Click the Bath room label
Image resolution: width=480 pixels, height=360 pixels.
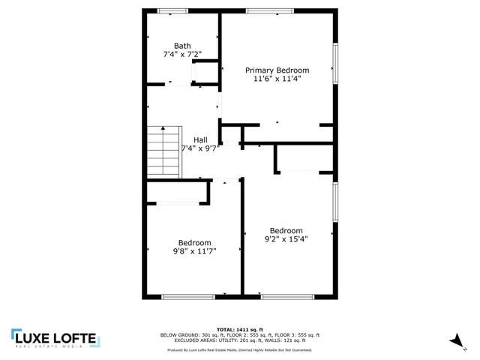(x=182, y=46)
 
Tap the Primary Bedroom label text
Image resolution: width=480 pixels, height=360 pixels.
(x=277, y=70)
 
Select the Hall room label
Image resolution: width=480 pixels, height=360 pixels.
(x=200, y=139)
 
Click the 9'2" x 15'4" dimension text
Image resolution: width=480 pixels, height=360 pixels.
(x=286, y=239)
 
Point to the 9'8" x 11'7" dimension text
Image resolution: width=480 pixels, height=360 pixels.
(x=194, y=251)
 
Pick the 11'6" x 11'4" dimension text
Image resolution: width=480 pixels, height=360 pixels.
(x=277, y=79)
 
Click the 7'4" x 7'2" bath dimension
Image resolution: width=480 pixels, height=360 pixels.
(x=182, y=54)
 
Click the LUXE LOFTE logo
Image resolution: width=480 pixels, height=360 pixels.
(x=53, y=339)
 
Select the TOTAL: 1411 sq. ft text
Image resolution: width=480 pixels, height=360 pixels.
(x=239, y=329)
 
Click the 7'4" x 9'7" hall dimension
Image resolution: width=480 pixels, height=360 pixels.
(x=200, y=148)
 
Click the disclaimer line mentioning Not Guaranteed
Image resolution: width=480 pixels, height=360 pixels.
(x=239, y=349)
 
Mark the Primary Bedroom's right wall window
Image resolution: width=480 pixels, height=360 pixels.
(x=336, y=63)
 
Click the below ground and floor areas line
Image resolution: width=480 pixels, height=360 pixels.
(x=239, y=334)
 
